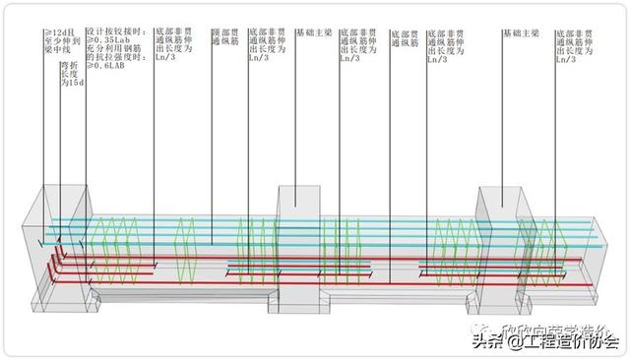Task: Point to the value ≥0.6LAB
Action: (103, 73)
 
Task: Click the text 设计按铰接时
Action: (108, 32)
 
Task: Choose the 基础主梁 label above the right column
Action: (519, 32)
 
